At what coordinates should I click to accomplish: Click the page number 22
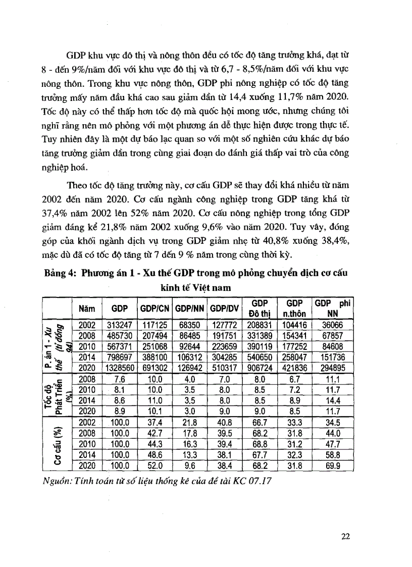point(345,536)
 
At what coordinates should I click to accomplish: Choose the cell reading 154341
point(296,337)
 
